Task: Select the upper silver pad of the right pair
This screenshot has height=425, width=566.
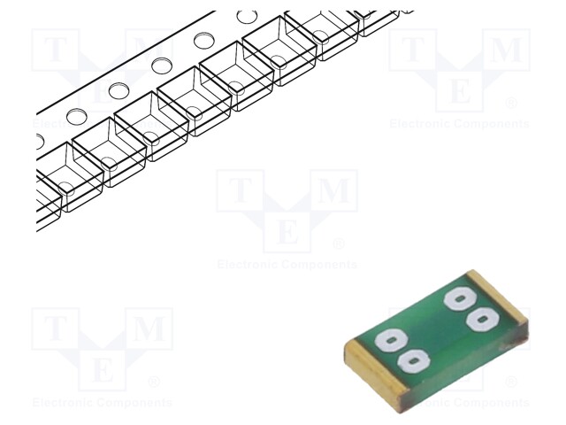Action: (x=460, y=298)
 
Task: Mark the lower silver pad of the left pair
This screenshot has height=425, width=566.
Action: (x=412, y=359)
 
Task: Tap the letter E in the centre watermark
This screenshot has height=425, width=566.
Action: (x=287, y=233)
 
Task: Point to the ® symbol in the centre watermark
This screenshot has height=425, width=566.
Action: (x=339, y=243)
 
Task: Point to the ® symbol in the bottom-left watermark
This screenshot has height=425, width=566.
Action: (x=154, y=382)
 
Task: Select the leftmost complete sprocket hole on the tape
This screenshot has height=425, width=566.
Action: (x=76, y=116)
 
